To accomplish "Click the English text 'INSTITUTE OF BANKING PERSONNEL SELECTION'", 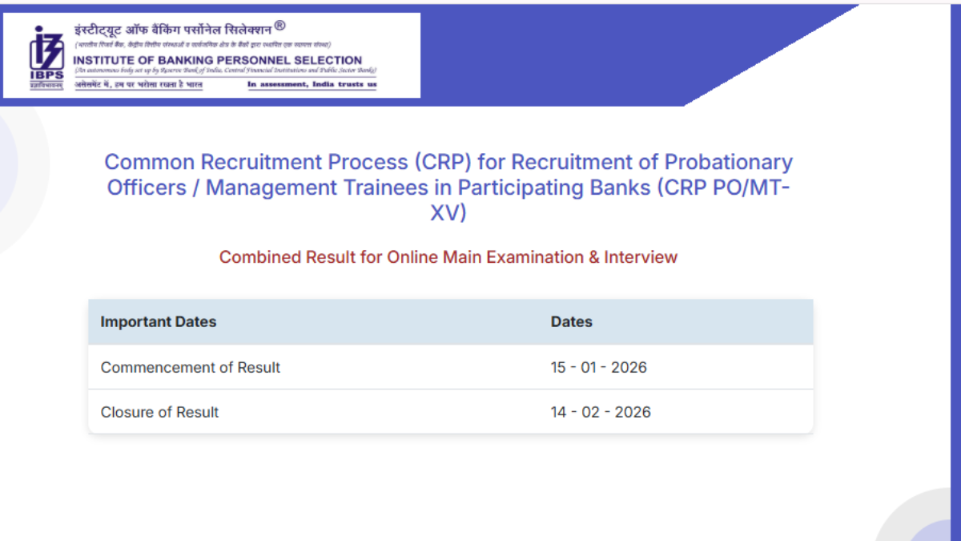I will (217, 60).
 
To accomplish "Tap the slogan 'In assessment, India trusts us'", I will (312, 84).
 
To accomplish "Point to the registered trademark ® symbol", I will (279, 26).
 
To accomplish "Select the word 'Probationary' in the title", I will (728, 162).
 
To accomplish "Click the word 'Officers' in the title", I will (143, 188).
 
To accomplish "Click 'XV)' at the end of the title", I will (448, 214).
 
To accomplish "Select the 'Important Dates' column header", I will (159, 322).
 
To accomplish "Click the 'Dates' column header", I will (571, 322).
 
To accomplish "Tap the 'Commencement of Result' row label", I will (191, 368).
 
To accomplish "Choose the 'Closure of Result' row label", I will (159, 412).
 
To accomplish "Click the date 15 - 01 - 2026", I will (598, 368).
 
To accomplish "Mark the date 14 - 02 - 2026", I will (601, 412).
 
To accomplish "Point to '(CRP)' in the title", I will (442, 162).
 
